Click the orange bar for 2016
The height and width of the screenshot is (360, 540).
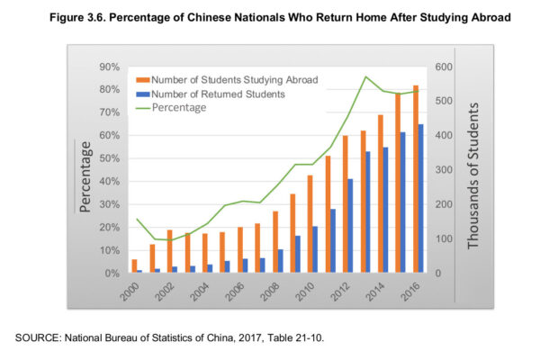[x=416, y=179]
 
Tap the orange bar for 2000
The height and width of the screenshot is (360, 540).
[x=134, y=266]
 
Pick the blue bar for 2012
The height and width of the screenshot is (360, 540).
[x=350, y=226]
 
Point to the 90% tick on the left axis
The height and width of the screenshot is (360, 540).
[x=109, y=67]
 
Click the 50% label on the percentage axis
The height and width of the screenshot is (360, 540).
[x=109, y=158]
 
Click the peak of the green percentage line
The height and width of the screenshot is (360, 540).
[x=365, y=76]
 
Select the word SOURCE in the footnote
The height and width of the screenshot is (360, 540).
[x=39, y=337]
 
